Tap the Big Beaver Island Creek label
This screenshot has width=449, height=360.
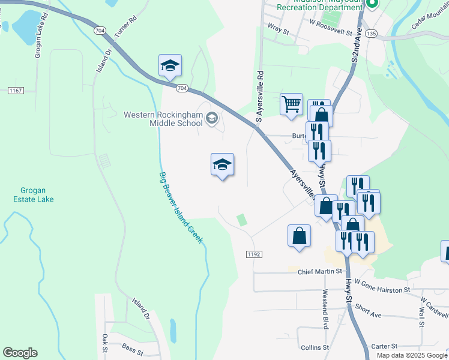(x=181, y=207)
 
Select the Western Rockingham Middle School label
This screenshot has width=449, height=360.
(x=163, y=119)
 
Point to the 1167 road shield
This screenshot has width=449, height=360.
(x=16, y=91)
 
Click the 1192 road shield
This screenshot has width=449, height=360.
(x=254, y=254)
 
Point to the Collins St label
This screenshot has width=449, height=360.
(x=315, y=347)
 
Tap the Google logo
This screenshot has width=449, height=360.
(x=20, y=353)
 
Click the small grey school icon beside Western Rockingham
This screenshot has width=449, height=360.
(x=211, y=118)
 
